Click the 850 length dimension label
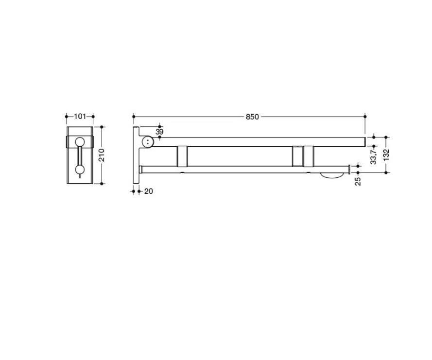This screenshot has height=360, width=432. pyautogui.click(x=252, y=117)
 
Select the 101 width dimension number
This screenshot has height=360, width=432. pyautogui.click(x=80, y=117)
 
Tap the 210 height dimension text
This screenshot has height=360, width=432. pyautogui.click(x=102, y=155)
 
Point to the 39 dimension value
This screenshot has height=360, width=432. pyautogui.click(x=159, y=132)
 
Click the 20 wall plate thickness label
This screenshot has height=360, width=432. pyautogui.click(x=149, y=191)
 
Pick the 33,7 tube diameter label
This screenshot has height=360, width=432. pyautogui.click(x=373, y=156)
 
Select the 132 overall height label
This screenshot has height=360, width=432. pyautogui.click(x=386, y=155)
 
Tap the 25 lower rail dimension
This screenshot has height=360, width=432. pyautogui.click(x=358, y=182)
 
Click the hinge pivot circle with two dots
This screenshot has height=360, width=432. pyautogui.click(x=148, y=141)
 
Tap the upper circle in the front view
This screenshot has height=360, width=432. pyautogui.click(x=80, y=142)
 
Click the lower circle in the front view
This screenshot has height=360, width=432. pyautogui.click(x=80, y=170)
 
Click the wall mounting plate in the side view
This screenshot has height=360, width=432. pyautogui.click(x=136, y=155)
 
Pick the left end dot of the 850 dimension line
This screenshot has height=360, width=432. pyautogui.click(x=134, y=117)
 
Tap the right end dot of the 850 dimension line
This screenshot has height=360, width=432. pyautogui.click(x=365, y=117)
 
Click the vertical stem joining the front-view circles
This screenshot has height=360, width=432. pyautogui.click(x=80, y=155)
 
